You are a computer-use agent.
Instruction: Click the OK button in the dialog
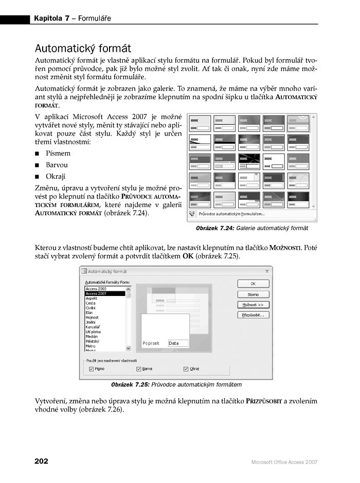253,284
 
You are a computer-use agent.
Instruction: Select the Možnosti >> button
253,305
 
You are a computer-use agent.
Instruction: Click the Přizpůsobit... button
253,315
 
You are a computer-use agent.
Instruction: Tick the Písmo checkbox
92,368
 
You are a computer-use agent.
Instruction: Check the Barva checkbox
139,368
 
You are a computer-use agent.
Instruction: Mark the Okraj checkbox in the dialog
186,368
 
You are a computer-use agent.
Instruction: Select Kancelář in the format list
93,326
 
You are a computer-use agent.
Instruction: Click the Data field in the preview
177,343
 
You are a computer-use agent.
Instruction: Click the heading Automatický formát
82,49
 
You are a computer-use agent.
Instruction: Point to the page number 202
41,461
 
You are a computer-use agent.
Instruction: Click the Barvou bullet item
57,165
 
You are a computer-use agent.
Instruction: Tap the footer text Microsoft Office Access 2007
284,462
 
